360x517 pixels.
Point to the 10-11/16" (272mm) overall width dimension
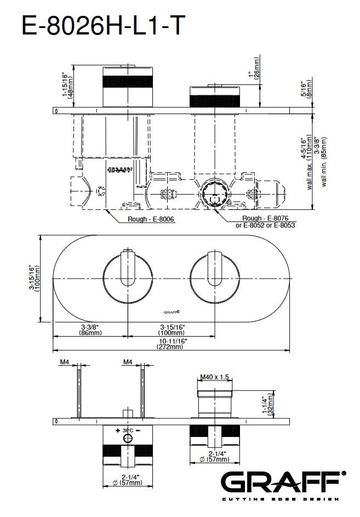click(x=172, y=344)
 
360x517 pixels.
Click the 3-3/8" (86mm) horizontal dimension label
click(x=90, y=329)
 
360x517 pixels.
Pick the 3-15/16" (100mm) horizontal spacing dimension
click(x=171, y=329)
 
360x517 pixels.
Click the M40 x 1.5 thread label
click(x=215, y=377)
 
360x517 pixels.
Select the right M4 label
click(x=128, y=362)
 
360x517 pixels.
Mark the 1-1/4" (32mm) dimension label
click(x=266, y=406)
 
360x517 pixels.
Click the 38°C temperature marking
click(x=128, y=430)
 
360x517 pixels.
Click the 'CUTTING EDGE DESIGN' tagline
click(x=283, y=499)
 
